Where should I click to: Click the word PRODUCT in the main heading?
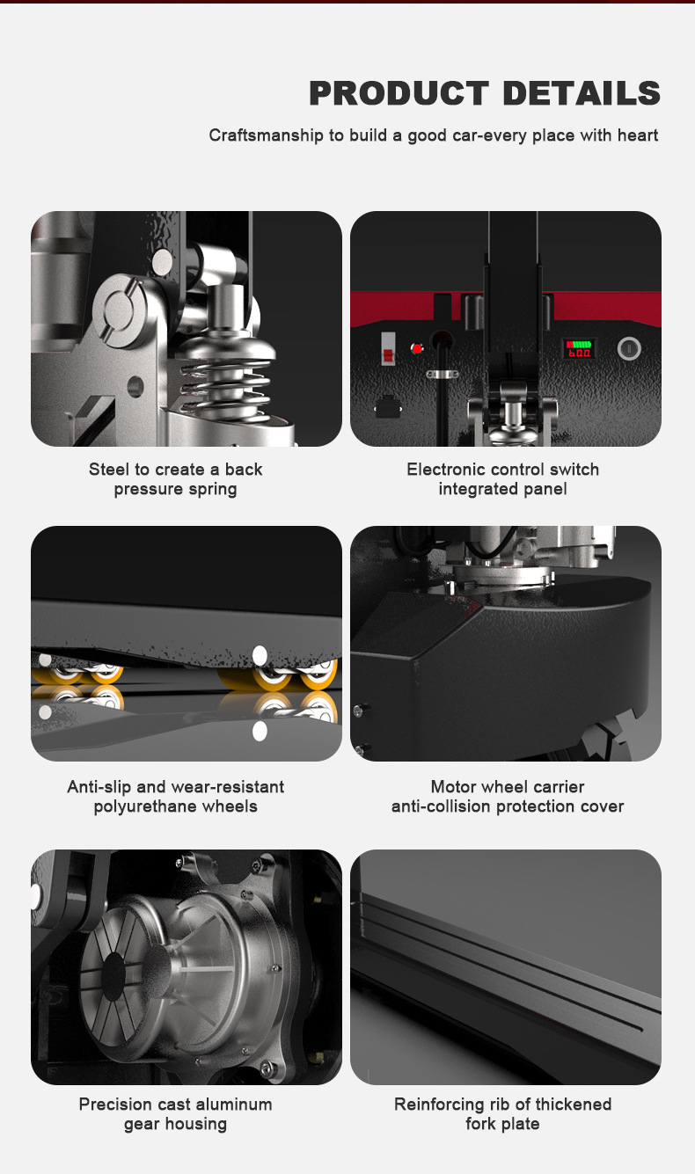point(399,93)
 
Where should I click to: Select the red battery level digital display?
point(578,348)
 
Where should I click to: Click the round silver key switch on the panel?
point(629,348)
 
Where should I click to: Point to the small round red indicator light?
point(417,349)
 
